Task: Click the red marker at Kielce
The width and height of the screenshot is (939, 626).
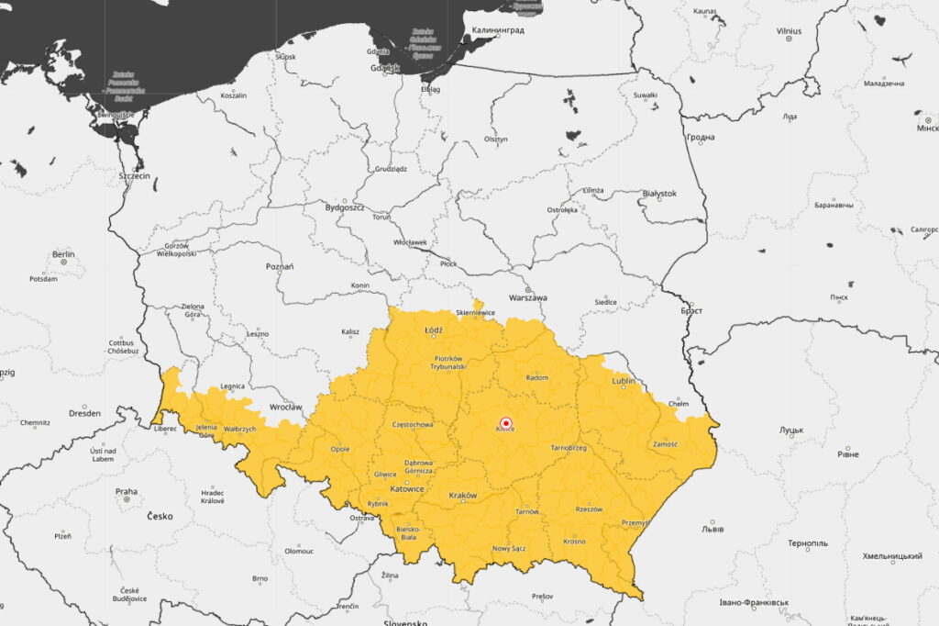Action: coord(505,422)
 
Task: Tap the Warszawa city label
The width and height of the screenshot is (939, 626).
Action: coord(527,298)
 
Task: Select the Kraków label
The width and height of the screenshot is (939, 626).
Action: coord(463,496)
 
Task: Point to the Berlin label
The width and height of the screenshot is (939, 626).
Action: coord(63,254)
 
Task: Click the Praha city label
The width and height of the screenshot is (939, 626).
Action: coord(126,492)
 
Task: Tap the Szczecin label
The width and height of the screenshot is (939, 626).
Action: coord(134,175)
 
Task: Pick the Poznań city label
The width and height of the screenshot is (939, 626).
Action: coord(279,266)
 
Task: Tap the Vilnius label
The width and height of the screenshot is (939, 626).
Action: coord(789,31)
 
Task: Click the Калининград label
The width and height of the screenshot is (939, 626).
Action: coord(498,30)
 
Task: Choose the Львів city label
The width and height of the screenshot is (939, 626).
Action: coord(713,529)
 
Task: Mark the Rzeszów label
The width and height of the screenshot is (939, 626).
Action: coord(589,509)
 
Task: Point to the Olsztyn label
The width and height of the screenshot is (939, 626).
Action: coord(495,139)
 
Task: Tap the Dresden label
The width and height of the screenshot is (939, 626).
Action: coord(83,413)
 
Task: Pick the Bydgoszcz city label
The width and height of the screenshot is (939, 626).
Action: coord(345,207)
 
